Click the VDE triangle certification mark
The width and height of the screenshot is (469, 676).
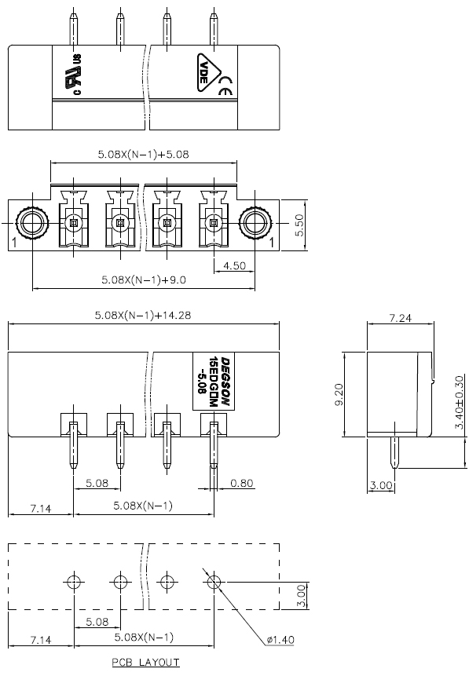pos(208,72)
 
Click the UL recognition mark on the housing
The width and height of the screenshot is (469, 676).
pos(73,75)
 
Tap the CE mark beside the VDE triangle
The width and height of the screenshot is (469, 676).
pos(226,86)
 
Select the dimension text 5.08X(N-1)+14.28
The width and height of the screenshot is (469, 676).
pos(143,315)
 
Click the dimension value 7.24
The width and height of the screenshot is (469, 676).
pos(401,318)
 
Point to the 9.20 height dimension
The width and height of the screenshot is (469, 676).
pos(339,394)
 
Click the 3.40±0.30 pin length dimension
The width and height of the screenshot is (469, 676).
pos(459,402)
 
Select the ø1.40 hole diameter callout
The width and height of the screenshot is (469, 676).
pos(280,639)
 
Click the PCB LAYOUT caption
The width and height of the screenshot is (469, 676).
pos(145,662)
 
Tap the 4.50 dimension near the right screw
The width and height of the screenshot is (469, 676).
pos(234,265)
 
